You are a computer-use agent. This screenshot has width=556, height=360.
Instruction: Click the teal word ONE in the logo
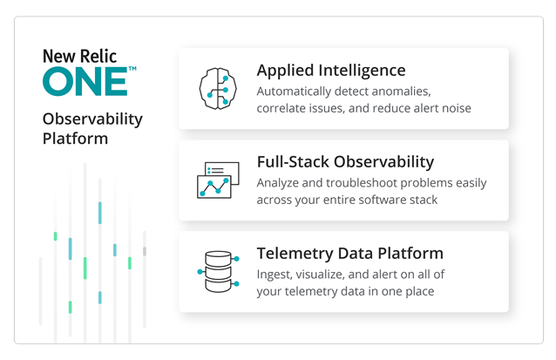click(x=85, y=82)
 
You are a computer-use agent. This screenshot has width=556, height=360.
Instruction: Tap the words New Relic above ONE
click(x=79, y=56)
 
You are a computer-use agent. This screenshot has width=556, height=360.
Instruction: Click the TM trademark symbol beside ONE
click(x=132, y=69)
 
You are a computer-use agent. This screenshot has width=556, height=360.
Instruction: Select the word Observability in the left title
click(x=92, y=119)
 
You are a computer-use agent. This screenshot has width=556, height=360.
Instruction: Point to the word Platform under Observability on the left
click(x=75, y=139)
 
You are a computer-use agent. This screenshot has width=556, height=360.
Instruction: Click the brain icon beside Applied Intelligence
click(x=218, y=88)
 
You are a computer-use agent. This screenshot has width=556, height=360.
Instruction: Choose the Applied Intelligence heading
click(x=331, y=71)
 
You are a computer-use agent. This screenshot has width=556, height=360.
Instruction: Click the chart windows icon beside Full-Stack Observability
click(x=218, y=180)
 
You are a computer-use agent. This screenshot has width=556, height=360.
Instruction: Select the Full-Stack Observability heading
click(x=345, y=162)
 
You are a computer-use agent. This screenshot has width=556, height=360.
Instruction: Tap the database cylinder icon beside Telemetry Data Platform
click(x=218, y=271)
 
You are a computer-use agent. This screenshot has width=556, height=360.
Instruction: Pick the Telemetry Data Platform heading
click(x=350, y=254)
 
